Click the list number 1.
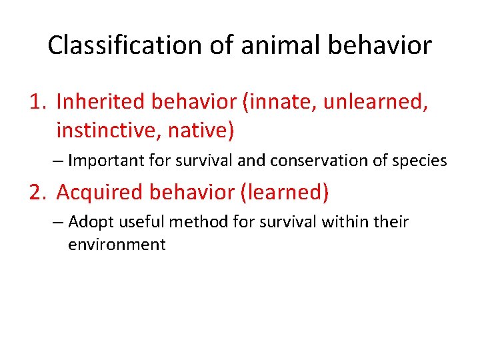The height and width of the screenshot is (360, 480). point(37,101)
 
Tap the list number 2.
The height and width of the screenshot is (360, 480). point(37,192)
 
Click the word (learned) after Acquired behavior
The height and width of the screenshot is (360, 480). point(285,192)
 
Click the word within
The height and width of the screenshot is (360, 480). point(345,221)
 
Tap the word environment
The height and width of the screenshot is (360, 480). point(117,244)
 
